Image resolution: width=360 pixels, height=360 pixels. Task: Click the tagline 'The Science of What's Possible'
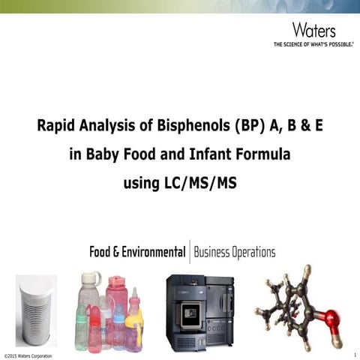(313, 44)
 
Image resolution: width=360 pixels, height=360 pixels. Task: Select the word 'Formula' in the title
(263, 155)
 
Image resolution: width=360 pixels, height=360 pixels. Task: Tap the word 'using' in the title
(142, 181)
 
